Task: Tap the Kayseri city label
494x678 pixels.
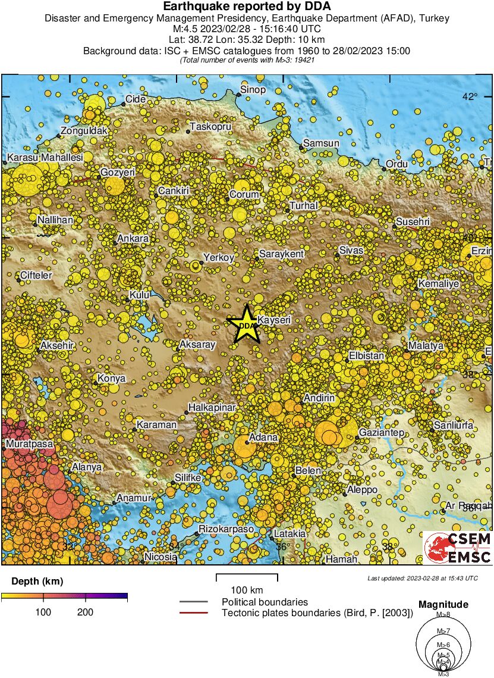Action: click(273, 320)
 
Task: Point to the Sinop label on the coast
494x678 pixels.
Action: click(252, 90)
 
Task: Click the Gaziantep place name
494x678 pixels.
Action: click(382, 432)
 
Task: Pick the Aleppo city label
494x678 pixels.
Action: click(362, 489)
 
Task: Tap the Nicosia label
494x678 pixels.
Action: click(161, 557)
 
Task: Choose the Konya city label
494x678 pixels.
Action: click(111, 378)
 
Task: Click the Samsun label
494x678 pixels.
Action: click(321, 143)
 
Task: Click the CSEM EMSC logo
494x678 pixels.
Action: click(457, 548)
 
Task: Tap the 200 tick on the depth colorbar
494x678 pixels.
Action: click(85, 612)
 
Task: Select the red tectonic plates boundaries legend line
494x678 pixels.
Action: click(193, 613)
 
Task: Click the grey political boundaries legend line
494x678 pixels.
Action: click(193, 602)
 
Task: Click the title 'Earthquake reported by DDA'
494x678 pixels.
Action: click(247, 7)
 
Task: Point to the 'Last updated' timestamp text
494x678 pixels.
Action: click(422, 578)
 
